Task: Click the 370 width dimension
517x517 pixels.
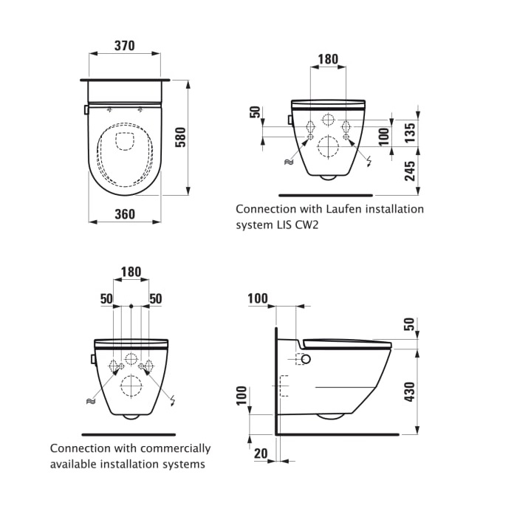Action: click(124, 46)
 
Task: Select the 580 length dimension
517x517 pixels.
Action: click(179, 137)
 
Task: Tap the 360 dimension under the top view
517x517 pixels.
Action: click(125, 214)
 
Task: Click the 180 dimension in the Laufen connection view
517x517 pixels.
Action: click(328, 59)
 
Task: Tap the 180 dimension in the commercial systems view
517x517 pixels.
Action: click(131, 272)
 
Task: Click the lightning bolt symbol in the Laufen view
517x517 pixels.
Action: click(369, 161)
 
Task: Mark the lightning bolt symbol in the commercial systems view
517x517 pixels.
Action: click(173, 400)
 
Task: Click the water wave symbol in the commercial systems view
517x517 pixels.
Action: click(90, 401)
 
